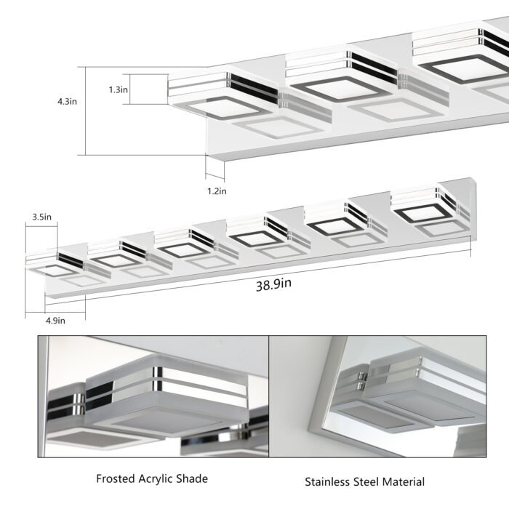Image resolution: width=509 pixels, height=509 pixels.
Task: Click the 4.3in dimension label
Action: (67, 102)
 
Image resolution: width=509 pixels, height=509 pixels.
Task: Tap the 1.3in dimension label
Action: (119, 90)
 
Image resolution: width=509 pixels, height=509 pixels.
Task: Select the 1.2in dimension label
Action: (217, 191)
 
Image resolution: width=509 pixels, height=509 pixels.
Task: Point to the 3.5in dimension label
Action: (41, 217)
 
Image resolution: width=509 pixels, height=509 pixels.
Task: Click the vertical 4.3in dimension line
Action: (86, 111)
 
